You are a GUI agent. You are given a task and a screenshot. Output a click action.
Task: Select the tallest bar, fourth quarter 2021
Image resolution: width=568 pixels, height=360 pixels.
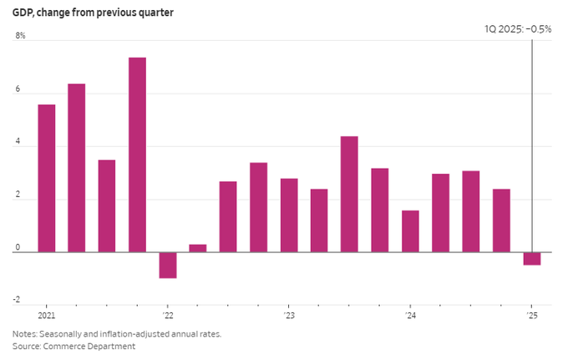pyautogui.click(x=137, y=155)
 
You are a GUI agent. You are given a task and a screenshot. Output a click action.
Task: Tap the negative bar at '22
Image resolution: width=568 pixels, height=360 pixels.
pyautogui.click(x=168, y=265)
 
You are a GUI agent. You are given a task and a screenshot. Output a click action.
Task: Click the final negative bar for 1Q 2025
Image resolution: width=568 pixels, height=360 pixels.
pyautogui.click(x=532, y=258)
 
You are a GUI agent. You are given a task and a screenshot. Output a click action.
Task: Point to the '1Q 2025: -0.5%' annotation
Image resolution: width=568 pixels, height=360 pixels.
pyautogui.click(x=518, y=28)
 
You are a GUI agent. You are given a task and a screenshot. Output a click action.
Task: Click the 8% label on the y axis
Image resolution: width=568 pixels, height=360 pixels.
pyautogui.click(x=20, y=37)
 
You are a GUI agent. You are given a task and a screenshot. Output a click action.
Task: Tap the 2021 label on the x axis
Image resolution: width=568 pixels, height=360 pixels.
pyautogui.click(x=47, y=316)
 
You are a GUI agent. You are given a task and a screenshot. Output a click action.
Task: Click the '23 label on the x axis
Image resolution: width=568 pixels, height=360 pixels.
pyautogui.click(x=289, y=316)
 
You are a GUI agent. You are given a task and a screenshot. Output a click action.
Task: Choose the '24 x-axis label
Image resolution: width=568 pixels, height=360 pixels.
pyautogui.click(x=410, y=316)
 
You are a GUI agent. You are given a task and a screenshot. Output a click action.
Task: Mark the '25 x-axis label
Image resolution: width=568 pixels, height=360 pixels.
pyautogui.click(x=531, y=316)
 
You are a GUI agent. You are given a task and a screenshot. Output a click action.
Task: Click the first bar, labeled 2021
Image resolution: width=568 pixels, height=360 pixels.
pyautogui.click(x=47, y=178)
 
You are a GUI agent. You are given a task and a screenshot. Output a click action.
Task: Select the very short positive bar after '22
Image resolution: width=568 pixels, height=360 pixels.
pyautogui.click(x=198, y=248)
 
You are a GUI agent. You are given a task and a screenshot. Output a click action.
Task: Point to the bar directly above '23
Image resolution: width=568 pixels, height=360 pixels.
pyautogui.click(x=289, y=215)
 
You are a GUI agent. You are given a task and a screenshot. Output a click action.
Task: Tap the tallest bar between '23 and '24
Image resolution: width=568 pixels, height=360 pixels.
pyautogui.click(x=349, y=194)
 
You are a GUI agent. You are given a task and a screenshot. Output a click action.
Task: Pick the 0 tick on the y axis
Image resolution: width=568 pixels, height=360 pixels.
pyautogui.click(x=18, y=249)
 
